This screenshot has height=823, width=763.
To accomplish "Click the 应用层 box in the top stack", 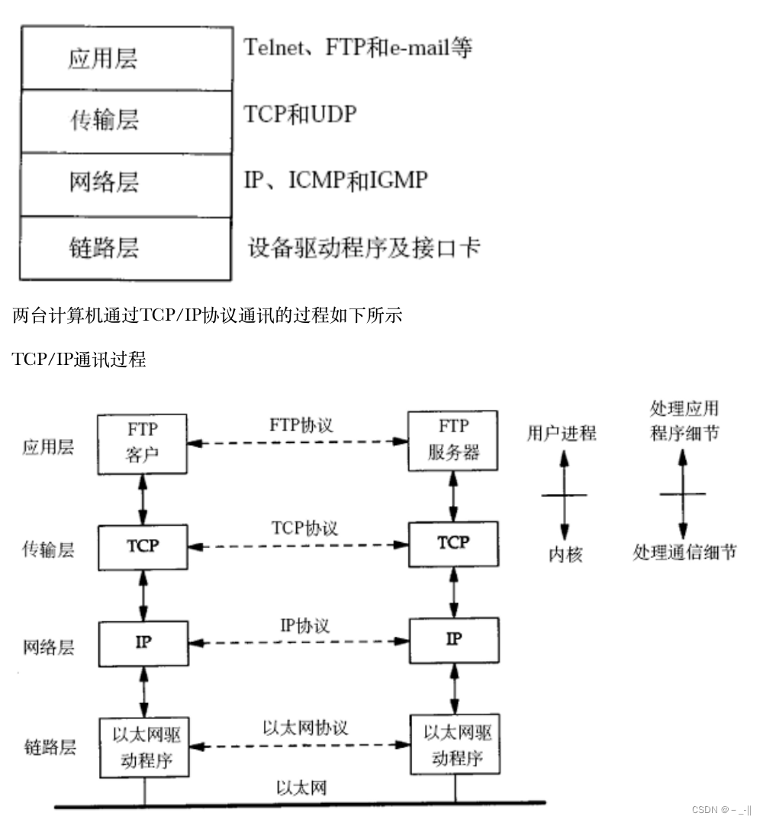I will point(125,59).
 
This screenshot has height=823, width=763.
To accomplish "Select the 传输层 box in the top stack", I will point(125,121).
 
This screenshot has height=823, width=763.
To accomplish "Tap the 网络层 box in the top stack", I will point(125,184).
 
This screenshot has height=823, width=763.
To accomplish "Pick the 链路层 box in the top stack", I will point(125,248).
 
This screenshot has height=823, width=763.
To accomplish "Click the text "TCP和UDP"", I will point(300,115).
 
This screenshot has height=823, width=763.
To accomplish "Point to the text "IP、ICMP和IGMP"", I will point(336,180).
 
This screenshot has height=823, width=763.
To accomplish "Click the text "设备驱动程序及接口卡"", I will point(364,247).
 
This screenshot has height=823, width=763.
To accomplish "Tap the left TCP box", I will point(143,547).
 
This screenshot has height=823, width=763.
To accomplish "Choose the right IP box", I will point(454,640).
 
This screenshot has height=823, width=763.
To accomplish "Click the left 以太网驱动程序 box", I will point(143,746).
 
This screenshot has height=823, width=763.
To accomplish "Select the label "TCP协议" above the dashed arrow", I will point(304,528).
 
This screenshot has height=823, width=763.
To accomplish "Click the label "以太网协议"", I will point(305,728).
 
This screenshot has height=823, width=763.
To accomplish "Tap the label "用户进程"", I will point(562,434).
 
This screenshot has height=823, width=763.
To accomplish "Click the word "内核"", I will point(565,555).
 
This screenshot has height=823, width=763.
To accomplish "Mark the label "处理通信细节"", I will point(684,553).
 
